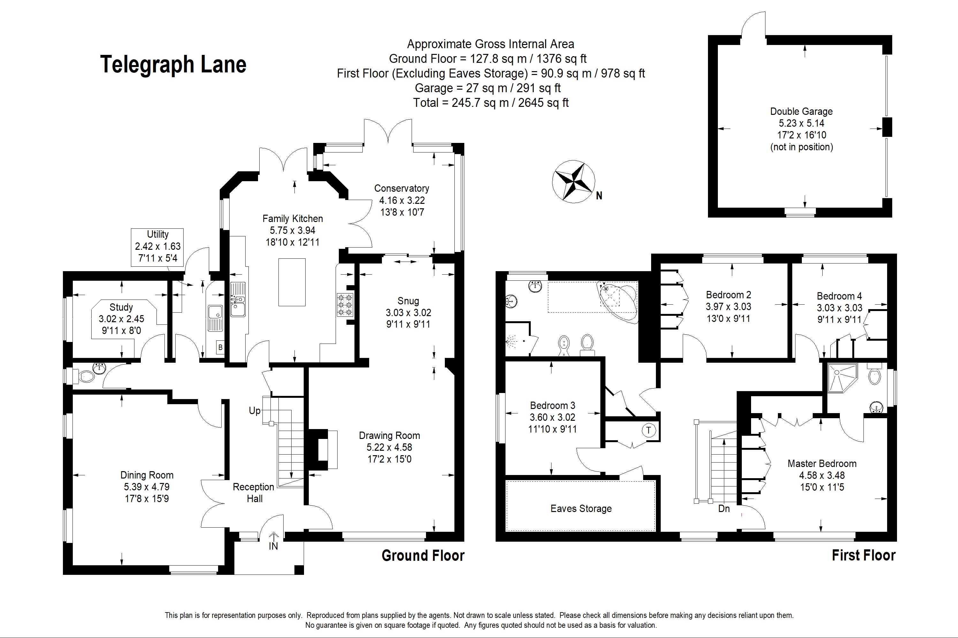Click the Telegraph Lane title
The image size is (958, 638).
(x=173, y=64)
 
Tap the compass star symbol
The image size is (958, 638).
(x=573, y=181)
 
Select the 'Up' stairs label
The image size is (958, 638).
(x=255, y=411)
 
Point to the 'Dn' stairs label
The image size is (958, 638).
(x=724, y=508)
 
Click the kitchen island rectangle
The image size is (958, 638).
(x=292, y=282)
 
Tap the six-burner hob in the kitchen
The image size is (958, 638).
(x=344, y=304)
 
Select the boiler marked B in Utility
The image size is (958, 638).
(x=220, y=347)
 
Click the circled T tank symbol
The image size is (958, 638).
(x=649, y=430)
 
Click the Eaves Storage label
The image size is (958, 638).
(x=581, y=508)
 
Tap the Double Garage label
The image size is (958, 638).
(x=801, y=111)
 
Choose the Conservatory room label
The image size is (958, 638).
(x=402, y=189)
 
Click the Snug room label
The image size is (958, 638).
(x=408, y=301)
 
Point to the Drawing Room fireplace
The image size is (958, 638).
(x=323, y=449)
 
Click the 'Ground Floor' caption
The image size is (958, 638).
(x=423, y=556)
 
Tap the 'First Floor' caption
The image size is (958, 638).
(x=863, y=555)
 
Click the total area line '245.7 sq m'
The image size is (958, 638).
(x=491, y=102)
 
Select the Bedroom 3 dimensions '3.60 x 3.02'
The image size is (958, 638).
(x=552, y=417)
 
